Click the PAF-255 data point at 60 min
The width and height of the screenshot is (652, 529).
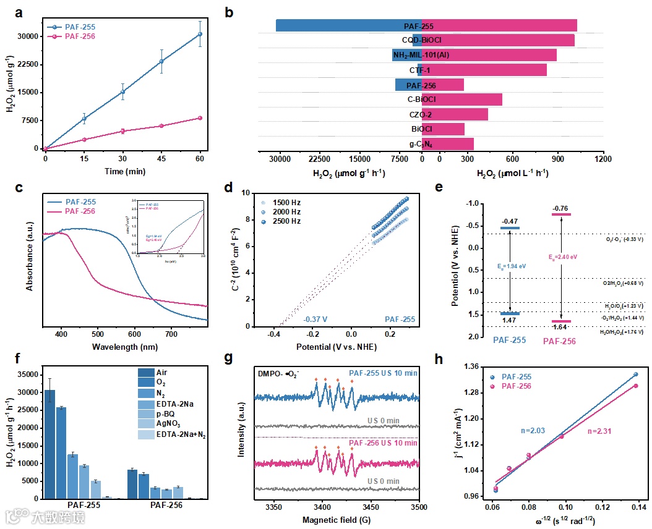click(200, 34)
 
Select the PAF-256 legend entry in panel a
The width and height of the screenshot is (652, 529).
click(80, 37)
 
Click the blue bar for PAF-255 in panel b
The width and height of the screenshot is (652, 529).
click(349, 25)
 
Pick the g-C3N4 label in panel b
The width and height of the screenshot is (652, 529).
click(421, 145)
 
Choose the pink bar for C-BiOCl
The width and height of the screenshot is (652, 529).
click(462, 99)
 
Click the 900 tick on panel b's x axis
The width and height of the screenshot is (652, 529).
click(558, 158)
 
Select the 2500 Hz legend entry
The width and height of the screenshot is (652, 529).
click(285, 222)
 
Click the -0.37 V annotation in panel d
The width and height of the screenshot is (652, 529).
click(315, 320)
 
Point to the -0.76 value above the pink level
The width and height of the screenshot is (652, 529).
click(560, 208)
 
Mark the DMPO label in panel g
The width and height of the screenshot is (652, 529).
click(267, 373)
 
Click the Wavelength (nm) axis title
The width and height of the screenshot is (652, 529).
click(124, 347)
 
